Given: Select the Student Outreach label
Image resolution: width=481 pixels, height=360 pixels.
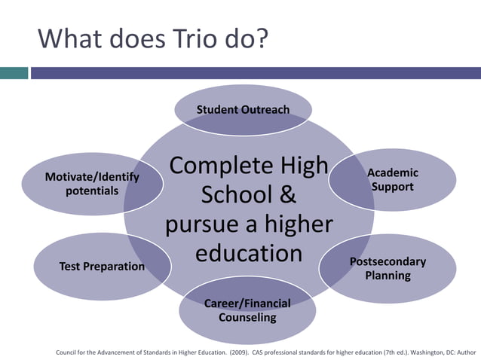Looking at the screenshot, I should (x=243, y=110).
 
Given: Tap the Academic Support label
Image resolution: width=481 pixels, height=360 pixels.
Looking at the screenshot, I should (x=392, y=179).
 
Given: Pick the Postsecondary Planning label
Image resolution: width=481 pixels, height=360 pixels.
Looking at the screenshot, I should (x=388, y=268).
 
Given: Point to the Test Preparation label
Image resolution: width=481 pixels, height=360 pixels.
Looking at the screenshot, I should (x=102, y=266).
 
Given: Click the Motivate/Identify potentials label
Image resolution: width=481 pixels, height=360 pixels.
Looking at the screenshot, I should (x=92, y=184).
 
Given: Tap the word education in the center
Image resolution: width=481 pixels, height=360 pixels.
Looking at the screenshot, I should (x=249, y=252).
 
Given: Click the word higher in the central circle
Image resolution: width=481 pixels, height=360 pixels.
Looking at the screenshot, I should (x=295, y=224).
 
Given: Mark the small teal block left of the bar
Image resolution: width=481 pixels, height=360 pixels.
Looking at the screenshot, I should (x=14, y=73).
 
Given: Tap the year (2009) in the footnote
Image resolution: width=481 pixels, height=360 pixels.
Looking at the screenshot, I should (x=242, y=351).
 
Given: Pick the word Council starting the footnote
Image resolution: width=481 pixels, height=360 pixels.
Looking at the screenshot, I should (x=69, y=351).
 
